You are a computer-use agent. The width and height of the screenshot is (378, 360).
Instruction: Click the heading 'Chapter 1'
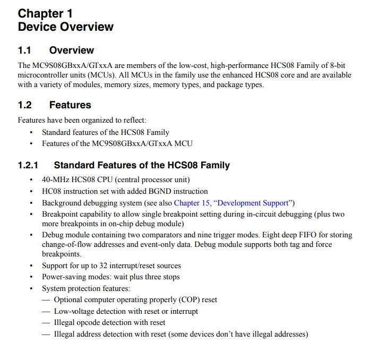(x=45, y=13)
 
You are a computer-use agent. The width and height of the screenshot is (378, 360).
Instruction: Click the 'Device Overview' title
(x=65, y=27)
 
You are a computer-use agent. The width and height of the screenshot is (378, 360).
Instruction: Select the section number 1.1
(x=24, y=50)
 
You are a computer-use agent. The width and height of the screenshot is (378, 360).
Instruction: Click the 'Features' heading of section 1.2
(x=70, y=105)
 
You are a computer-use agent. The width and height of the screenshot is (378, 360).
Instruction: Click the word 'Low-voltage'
(x=75, y=311)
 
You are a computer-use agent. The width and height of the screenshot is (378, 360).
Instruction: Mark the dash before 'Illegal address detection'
(x=47, y=334)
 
